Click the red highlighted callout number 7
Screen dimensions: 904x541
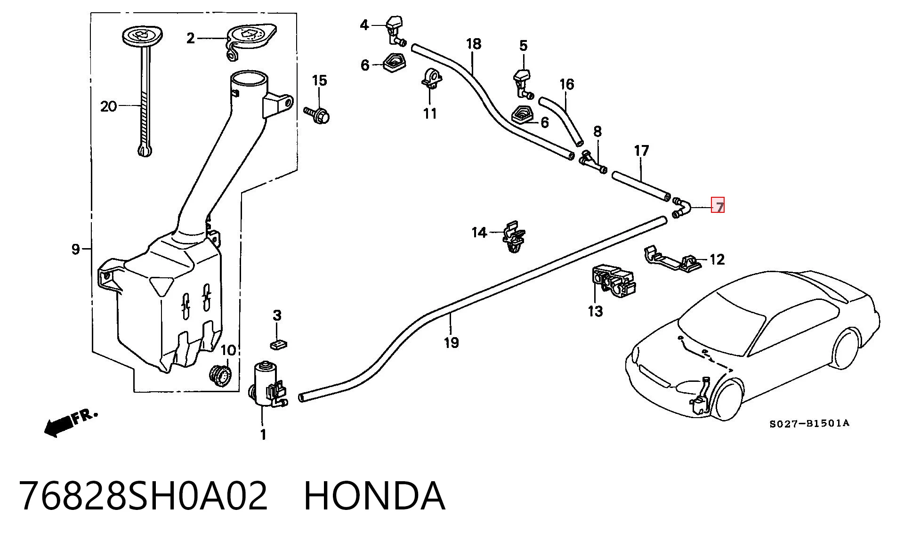718,206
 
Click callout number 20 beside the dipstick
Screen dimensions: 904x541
108,106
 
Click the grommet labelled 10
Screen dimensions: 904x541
220,375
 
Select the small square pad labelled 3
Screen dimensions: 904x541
279,345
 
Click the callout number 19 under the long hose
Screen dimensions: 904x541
451,342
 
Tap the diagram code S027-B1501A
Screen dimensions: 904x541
809,423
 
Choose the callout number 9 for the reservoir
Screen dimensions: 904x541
76,249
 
